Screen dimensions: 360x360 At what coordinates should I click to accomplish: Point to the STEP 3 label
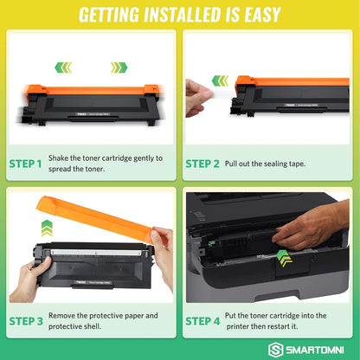(27, 321)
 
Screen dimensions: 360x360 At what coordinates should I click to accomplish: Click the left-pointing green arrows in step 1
(63, 67)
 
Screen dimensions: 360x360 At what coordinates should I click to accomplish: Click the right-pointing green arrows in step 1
(119, 67)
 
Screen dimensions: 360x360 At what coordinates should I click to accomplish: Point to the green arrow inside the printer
(285, 255)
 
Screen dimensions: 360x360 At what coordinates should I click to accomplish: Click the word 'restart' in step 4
(285, 327)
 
